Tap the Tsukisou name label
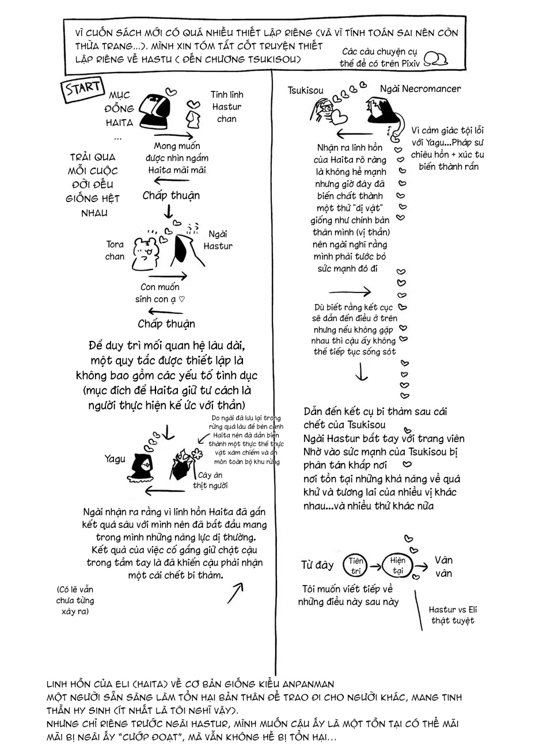(305, 90)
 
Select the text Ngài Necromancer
(420, 89)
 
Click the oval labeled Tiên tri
(356, 565)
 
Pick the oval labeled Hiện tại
(397, 565)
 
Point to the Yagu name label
(115, 459)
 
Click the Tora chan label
(115, 250)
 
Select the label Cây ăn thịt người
(210, 480)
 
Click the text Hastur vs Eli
(453, 610)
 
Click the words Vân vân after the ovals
(443, 567)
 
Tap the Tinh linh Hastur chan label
(227, 107)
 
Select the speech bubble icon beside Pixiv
(436, 59)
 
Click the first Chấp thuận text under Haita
(171, 196)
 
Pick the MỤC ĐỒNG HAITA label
(119, 108)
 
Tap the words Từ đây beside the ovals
(317, 565)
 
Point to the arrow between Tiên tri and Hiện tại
(375, 565)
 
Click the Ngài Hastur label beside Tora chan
(218, 240)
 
